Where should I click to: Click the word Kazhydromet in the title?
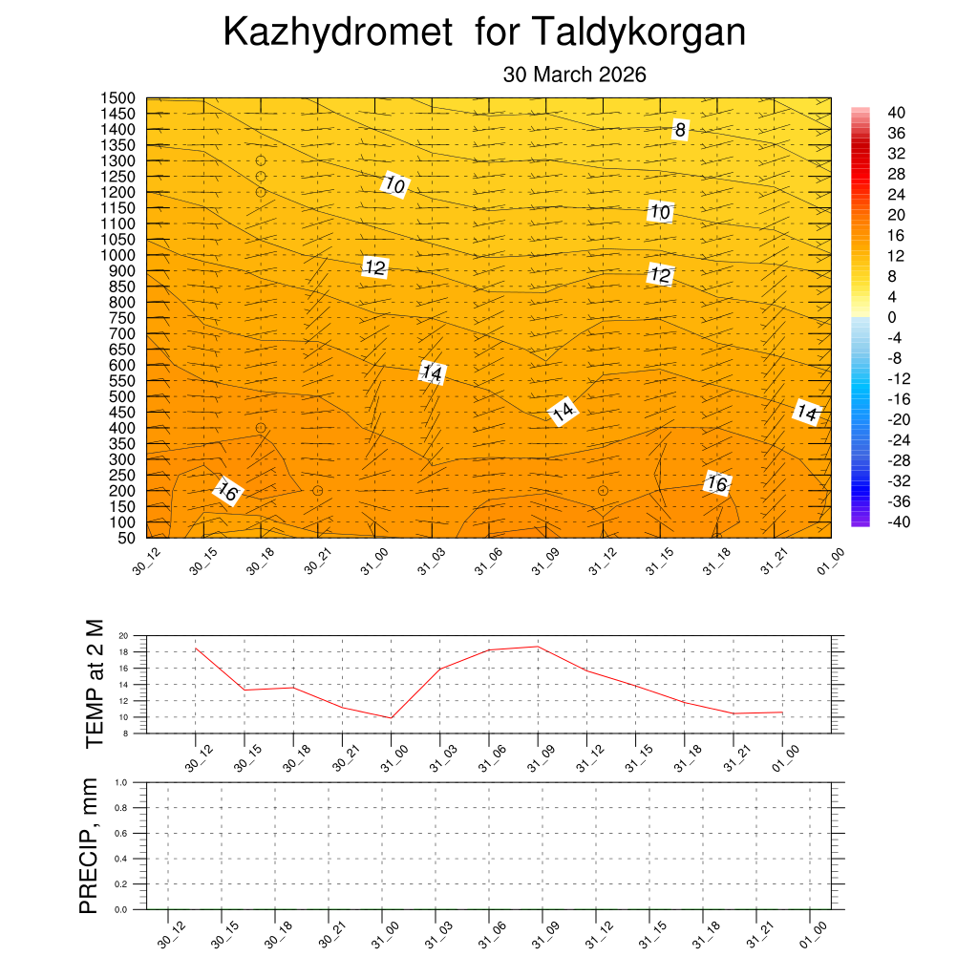point(337,33)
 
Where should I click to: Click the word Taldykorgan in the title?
point(637,33)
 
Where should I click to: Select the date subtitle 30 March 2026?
point(575,74)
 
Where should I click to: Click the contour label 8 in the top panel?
point(680,130)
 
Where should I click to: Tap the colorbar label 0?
point(892,317)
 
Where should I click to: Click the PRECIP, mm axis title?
point(89,846)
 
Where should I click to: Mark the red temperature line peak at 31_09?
point(538,647)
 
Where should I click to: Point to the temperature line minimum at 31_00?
point(391,717)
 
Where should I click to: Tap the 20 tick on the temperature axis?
point(123,636)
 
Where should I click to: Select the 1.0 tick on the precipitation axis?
point(121,782)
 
